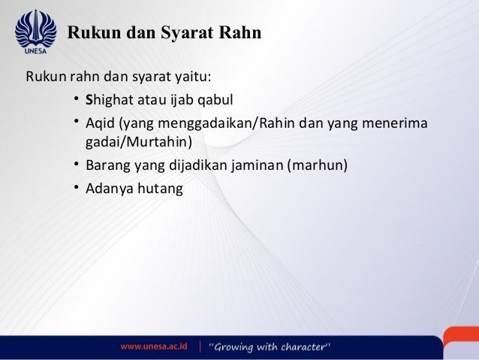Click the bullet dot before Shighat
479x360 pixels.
click(x=77, y=98)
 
